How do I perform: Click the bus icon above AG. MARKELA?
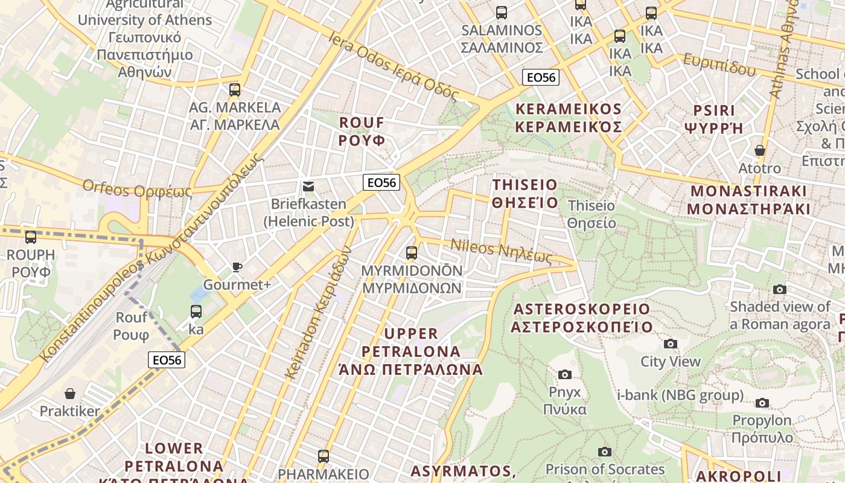point(235,90)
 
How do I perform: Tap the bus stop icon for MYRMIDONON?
point(412,253)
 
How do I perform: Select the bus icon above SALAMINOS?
point(501,12)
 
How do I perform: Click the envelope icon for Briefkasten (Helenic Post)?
point(308,187)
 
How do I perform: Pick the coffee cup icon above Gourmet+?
point(237,267)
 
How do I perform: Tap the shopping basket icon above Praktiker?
point(70,394)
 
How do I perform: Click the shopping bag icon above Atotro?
point(759,150)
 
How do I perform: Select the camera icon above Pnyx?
point(564,374)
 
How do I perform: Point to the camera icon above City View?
point(670,344)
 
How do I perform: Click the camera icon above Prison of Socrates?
point(604,452)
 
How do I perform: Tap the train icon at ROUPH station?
point(31,237)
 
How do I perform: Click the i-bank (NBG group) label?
point(680,395)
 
